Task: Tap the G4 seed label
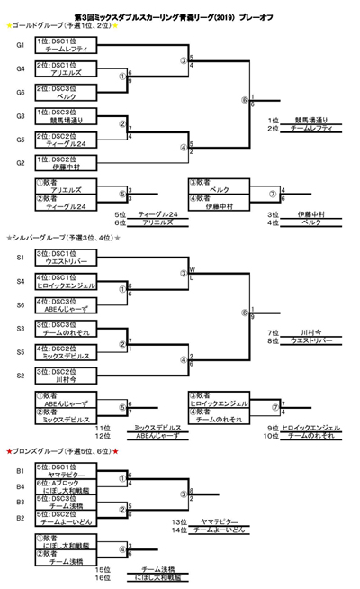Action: point(20,68)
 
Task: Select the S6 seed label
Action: point(20,305)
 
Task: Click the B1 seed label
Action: point(20,470)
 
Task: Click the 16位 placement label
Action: point(105,576)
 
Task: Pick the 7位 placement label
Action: point(273,333)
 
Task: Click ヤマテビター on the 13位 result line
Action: point(220,521)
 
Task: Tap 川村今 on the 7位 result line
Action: point(316,332)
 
